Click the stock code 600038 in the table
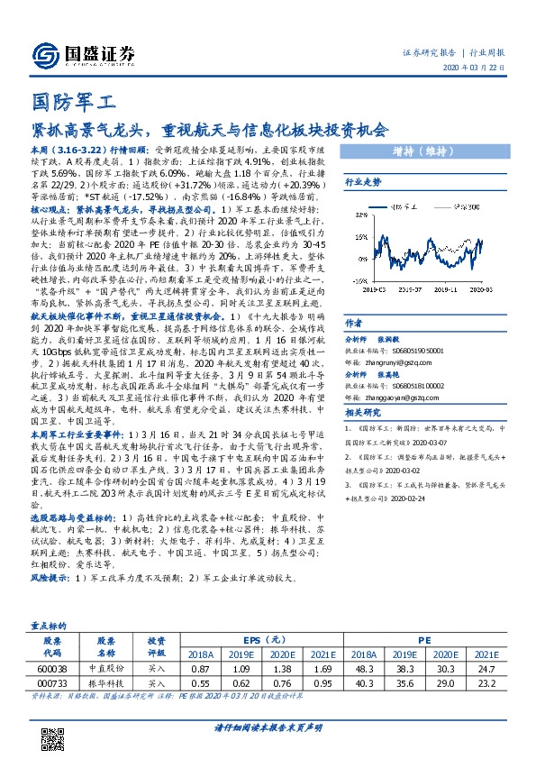click(x=52, y=669)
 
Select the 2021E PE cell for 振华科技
click(x=486, y=683)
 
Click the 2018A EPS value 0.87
click(x=201, y=669)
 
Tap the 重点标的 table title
click(x=50, y=624)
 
